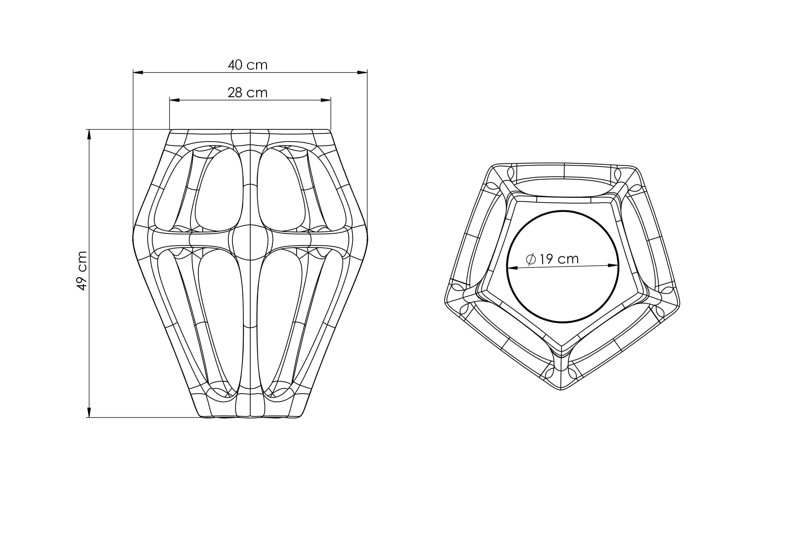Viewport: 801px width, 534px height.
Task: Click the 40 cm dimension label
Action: tap(247, 65)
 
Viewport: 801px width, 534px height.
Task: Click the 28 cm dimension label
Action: tap(247, 93)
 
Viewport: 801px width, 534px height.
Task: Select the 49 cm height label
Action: tap(82, 271)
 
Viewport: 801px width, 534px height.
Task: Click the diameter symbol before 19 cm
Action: tap(531, 260)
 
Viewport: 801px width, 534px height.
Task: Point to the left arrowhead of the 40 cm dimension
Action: tap(138, 72)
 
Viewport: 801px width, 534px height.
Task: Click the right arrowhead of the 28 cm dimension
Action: tap(326, 100)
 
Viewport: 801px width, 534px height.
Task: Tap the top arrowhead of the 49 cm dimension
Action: tap(89, 134)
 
